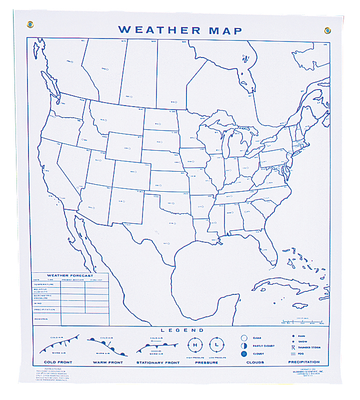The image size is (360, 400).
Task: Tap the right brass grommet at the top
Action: [x=327, y=30]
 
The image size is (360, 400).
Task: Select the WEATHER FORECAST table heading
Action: [x=70, y=275]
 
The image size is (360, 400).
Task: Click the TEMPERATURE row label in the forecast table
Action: [x=43, y=284]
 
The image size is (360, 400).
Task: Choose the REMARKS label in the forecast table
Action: [x=40, y=318]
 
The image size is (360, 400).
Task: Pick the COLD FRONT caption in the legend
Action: [x=58, y=362]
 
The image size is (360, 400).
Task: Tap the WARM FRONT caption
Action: [x=107, y=362]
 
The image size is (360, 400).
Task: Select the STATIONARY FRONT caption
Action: [x=158, y=362]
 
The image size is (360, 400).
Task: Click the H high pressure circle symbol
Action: [x=195, y=345]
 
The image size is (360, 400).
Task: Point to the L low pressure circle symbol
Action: [x=216, y=345]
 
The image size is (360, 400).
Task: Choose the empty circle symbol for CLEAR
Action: [x=244, y=338]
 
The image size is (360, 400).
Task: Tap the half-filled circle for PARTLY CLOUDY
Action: [x=244, y=346]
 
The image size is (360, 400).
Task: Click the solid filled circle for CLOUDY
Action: [x=244, y=354]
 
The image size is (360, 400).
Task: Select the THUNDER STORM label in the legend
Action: [x=309, y=347]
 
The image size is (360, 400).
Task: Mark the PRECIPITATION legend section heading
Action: [x=304, y=362]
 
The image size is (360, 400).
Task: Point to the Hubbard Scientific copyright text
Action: [x=306, y=373]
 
